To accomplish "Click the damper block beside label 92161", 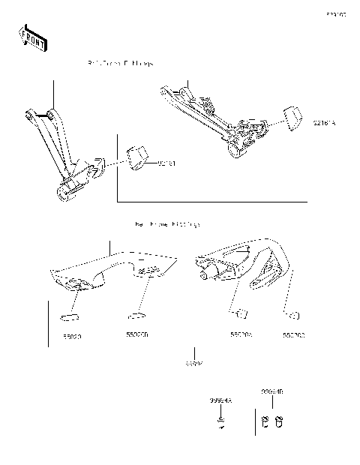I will click(136, 157).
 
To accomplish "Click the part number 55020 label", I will click(73, 337).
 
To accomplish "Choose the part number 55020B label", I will click(136, 335).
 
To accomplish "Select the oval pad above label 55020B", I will click(135, 315).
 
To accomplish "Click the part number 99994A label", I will click(220, 402).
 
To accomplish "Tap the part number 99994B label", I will click(271, 391).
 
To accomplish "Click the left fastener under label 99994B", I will click(266, 422).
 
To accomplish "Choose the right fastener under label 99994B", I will click(278, 422).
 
